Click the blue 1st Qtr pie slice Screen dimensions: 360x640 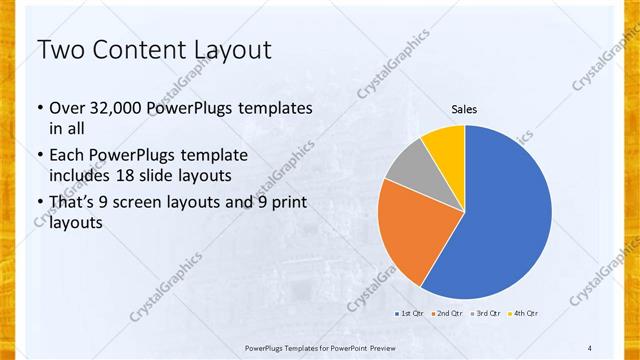pos(505,215)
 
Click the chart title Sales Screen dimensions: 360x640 pos(465,108)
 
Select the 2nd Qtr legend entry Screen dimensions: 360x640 pos(447,314)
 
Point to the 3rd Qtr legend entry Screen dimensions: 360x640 pos(487,314)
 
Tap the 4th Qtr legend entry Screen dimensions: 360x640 pos(525,314)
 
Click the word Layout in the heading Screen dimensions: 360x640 pos(235,50)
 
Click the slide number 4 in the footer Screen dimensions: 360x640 pos(590,347)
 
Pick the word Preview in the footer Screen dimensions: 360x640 pos(399,347)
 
